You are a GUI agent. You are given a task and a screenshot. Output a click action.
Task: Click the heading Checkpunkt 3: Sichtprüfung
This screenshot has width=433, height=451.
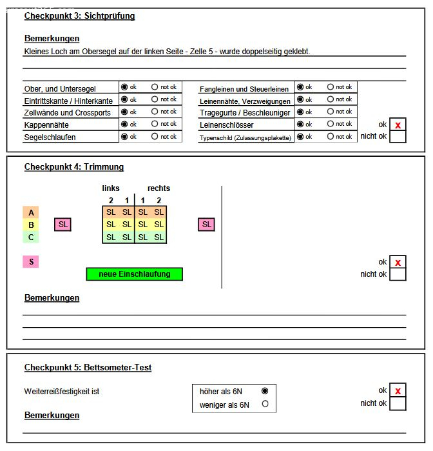79,15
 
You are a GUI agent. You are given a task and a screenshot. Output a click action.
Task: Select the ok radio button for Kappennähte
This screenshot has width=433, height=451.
124,124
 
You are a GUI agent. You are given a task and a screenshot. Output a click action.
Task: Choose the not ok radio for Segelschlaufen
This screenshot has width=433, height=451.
155,137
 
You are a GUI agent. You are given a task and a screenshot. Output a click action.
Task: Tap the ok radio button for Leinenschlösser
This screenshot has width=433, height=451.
300,124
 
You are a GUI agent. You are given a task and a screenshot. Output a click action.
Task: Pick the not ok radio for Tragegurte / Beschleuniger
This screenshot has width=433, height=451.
331,112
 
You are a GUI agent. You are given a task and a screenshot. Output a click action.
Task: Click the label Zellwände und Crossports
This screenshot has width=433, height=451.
67,113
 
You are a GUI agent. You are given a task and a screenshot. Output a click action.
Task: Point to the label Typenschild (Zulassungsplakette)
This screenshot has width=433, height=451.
245,137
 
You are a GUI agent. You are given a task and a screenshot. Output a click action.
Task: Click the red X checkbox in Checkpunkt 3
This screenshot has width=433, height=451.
398,125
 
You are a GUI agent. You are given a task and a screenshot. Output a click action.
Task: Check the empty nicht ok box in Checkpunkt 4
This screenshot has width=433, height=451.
398,274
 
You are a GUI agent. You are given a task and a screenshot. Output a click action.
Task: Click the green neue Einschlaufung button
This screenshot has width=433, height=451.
134,274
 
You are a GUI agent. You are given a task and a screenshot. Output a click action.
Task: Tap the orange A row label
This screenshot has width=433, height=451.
30,212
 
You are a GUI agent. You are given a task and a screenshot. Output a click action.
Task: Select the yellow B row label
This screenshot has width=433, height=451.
30,225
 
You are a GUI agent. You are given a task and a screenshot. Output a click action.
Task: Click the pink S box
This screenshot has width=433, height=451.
30,262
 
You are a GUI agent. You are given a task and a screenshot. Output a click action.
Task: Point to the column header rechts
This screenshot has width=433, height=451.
159,188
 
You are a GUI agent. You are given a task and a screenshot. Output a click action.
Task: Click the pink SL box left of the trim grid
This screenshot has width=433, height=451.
63,225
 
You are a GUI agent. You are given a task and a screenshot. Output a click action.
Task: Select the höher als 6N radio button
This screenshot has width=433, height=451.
264,391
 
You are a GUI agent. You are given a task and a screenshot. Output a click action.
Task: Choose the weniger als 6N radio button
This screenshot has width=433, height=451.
264,405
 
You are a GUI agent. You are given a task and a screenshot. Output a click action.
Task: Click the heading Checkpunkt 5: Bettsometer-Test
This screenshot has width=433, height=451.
88,368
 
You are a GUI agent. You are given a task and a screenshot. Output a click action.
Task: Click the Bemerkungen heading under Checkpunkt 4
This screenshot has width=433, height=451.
52,298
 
